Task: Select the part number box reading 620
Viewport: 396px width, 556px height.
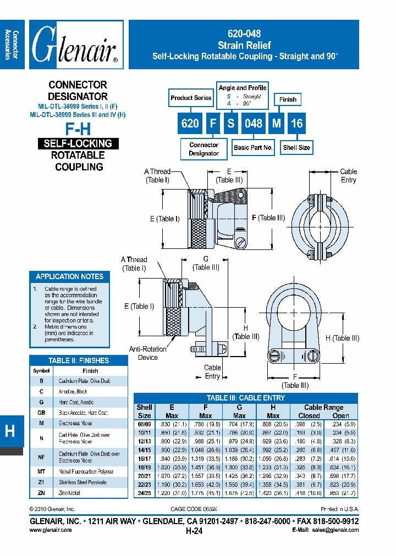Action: click(x=190, y=123)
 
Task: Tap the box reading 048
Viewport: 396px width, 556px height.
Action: click(x=253, y=123)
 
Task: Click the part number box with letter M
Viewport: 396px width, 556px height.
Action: click(x=277, y=123)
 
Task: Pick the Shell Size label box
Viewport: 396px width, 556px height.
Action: click(x=296, y=147)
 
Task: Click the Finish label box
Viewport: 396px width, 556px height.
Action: click(x=288, y=99)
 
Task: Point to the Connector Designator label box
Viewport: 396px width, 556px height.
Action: click(x=204, y=149)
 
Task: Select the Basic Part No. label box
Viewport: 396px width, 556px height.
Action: click(x=253, y=147)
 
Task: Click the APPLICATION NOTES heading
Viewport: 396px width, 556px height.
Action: click(x=69, y=276)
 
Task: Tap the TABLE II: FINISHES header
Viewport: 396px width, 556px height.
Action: click(x=79, y=360)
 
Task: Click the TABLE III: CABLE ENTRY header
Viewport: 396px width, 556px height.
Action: click(x=246, y=398)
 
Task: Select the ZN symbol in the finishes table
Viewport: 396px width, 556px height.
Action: click(x=41, y=493)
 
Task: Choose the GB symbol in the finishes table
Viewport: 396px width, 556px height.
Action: click(x=41, y=412)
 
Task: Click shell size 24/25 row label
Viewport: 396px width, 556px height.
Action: click(x=144, y=493)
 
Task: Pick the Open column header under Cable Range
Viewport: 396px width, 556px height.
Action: click(x=341, y=416)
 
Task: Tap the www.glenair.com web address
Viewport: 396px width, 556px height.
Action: click(x=50, y=530)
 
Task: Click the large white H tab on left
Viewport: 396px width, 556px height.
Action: click(x=10, y=431)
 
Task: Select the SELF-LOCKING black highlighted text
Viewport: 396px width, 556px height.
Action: click(x=78, y=144)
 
